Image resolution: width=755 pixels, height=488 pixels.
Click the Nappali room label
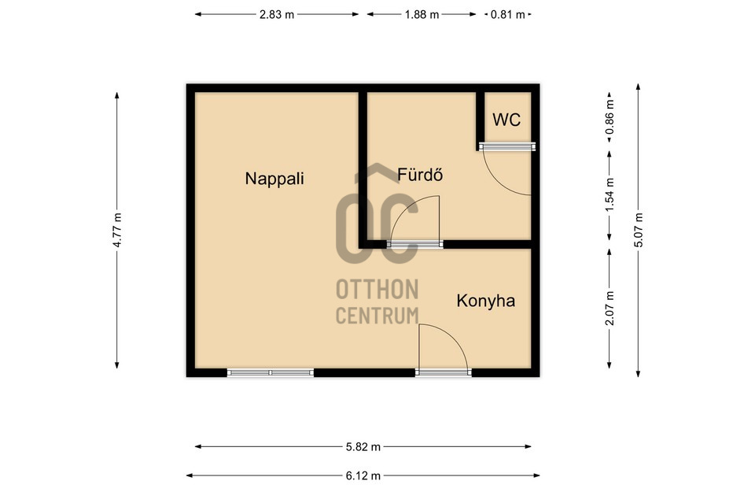(x=274, y=179)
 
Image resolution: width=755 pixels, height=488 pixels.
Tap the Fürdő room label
(x=420, y=175)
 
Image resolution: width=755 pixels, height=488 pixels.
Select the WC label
(x=506, y=120)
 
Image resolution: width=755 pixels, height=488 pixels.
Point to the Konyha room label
(x=486, y=301)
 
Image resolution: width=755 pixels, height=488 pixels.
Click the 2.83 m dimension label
(x=277, y=14)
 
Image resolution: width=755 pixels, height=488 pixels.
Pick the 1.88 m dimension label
(x=422, y=14)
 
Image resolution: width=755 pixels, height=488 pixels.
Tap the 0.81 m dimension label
(x=507, y=14)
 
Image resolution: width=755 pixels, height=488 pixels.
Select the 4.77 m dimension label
(x=117, y=230)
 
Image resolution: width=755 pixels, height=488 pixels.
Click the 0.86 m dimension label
(x=610, y=117)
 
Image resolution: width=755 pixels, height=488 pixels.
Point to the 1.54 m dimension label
(x=610, y=195)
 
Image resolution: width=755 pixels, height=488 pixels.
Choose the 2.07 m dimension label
(x=610, y=309)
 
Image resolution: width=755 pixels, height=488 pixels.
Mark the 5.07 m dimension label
(x=639, y=230)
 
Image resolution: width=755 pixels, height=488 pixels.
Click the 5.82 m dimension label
(x=363, y=447)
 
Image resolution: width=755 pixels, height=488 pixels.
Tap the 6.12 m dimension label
(x=363, y=476)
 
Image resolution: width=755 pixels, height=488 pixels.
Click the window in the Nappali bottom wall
(x=271, y=372)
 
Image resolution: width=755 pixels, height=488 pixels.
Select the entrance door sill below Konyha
(x=444, y=372)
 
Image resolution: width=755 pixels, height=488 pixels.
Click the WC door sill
(x=507, y=146)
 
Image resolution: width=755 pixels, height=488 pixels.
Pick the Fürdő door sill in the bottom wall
(x=415, y=244)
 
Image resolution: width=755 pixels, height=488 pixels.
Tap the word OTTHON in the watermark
(x=377, y=290)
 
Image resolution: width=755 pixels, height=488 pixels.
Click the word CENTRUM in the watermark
(x=377, y=316)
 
